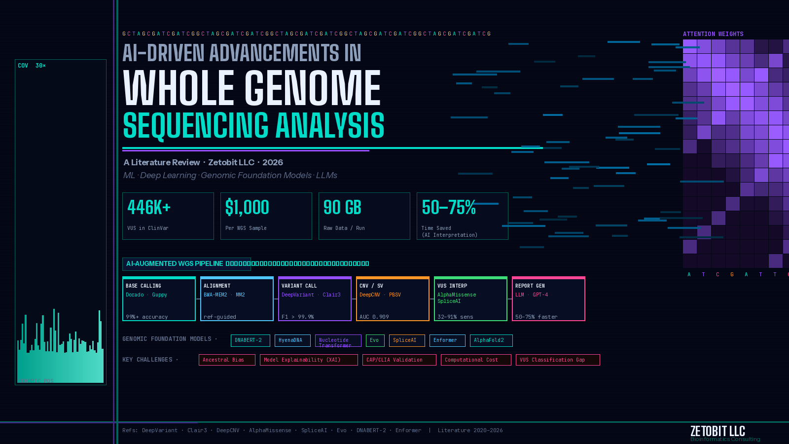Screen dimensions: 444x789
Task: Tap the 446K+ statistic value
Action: click(x=149, y=208)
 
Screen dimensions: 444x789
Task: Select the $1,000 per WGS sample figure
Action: click(x=247, y=208)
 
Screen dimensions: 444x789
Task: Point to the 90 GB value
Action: click(x=342, y=208)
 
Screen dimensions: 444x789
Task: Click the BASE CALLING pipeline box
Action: click(x=159, y=299)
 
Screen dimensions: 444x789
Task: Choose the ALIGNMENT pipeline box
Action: click(x=237, y=299)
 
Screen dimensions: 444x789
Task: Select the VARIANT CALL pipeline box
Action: click(x=315, y=299)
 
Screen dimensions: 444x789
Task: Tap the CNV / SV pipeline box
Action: click(x=393, y=299)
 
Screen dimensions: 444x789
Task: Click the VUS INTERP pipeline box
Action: click(x=470, y=299)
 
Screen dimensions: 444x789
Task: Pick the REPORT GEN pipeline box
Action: click(x=548, y=299)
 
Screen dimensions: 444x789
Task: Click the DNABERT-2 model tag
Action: click(x=250, y=340)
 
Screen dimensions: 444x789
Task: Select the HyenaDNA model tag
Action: click(x=292, y=340)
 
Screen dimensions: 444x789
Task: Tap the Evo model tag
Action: click(x=375, y=340)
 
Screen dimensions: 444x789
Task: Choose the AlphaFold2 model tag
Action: click(x=491, y=340)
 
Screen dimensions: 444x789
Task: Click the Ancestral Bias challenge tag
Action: click(x=227, y=360)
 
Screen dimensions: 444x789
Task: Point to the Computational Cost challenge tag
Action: click(x=476, y=360)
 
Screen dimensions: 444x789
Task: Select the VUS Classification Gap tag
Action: click(x=557, y=360)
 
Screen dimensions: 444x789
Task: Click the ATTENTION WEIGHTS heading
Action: click(x=713, y=34)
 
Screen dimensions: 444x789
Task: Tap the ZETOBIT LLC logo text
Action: click(x=717, y=431)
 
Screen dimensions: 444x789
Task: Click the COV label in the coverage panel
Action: click(x=23, y=66)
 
